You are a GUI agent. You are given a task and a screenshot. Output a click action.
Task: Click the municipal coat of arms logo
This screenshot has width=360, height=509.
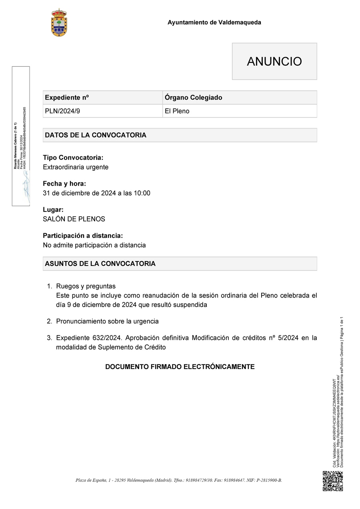(59, 23)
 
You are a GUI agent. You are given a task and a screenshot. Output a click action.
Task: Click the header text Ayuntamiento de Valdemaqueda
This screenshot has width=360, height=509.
(214, 22)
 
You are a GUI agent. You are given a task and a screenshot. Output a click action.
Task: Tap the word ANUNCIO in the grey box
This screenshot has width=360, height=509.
(274, 62)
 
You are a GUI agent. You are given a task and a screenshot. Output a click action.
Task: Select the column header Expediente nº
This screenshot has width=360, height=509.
(67, 98)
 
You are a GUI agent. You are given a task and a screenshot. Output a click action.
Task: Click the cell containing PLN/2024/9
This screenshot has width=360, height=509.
(62, 111)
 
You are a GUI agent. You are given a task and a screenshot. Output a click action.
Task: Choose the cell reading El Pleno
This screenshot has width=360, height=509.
(177, 111)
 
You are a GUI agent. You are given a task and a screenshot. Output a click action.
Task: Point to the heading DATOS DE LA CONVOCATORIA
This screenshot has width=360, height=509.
(96, 135)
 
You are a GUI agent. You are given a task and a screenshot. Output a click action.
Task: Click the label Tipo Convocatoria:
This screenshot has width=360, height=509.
(73, 158)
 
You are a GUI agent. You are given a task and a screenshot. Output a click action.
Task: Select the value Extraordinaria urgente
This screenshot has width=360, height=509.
(76, 167)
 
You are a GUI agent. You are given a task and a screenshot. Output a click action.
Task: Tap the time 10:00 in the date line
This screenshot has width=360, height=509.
(142, 193)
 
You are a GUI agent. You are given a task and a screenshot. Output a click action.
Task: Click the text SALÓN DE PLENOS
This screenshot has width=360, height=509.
(74, 219)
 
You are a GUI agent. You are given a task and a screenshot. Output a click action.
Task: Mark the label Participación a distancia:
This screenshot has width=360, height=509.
(83, 236)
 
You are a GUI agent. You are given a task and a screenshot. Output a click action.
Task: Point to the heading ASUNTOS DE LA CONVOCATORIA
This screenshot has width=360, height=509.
(100, 264)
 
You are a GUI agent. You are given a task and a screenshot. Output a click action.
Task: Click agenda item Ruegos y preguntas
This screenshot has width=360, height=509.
(86, 286)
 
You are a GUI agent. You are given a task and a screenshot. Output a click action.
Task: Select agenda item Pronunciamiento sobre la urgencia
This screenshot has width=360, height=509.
(107, 321)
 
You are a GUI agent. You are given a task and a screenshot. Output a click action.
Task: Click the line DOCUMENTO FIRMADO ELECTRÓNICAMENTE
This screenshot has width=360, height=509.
(180, 367)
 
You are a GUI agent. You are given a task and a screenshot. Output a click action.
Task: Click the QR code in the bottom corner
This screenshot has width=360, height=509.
(333, 481)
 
